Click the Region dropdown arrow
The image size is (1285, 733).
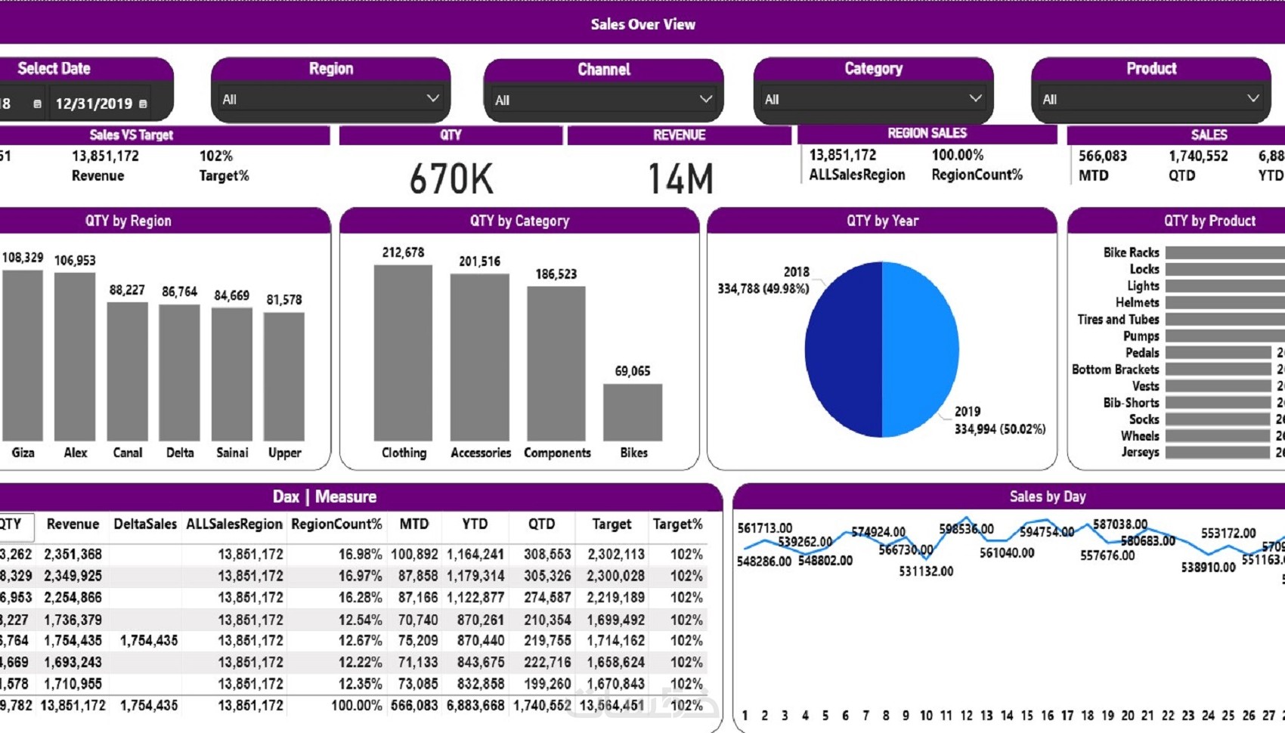pos(432,98)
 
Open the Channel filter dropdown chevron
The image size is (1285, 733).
pos(705,99)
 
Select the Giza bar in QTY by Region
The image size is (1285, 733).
pos(23,355)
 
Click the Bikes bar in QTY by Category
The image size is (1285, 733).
pos(633,412)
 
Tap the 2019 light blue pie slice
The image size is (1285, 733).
pos(920,349)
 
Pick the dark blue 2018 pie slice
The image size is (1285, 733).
pos(843,349)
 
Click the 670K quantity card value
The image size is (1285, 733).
pos(451,179)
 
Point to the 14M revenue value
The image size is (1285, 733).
pos(680,179)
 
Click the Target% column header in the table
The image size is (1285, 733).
pos(677,524)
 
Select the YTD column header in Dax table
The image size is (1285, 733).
pos(475,524)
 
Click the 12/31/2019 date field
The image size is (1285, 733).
pos(94,104)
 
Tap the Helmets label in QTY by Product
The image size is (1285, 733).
pos(1137,302)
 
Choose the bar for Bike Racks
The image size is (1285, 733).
pos(1225,252)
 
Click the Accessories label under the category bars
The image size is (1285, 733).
pos(481,453)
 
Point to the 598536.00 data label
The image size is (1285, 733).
pos(966,529)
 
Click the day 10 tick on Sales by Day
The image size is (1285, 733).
pos(926,715)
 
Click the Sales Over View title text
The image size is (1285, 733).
pos(642,24)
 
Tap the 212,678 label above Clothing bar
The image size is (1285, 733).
pos(403,252)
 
